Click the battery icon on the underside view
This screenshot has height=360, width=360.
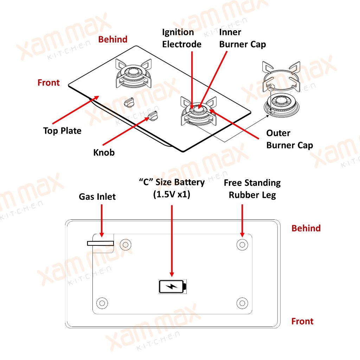coord(173,286)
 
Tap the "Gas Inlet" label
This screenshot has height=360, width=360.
coord(97,197)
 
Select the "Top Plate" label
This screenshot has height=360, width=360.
coord(62,131)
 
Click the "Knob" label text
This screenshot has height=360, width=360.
coord(104,153)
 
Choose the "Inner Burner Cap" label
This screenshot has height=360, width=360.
coord(242,38)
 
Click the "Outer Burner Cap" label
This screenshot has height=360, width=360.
coord(289,139)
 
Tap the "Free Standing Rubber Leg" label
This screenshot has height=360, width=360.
coord(252,189)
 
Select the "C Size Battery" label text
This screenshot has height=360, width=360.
coord(172,188)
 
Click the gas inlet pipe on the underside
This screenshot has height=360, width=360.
coord(101,243)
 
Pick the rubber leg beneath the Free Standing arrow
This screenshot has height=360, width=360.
coord(242,244)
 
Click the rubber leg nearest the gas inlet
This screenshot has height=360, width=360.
coord(125,244)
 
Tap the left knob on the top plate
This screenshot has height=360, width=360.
coord(129,102)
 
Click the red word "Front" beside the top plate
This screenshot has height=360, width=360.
coord(49,83)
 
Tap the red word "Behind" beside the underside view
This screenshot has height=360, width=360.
coord(306,229)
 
